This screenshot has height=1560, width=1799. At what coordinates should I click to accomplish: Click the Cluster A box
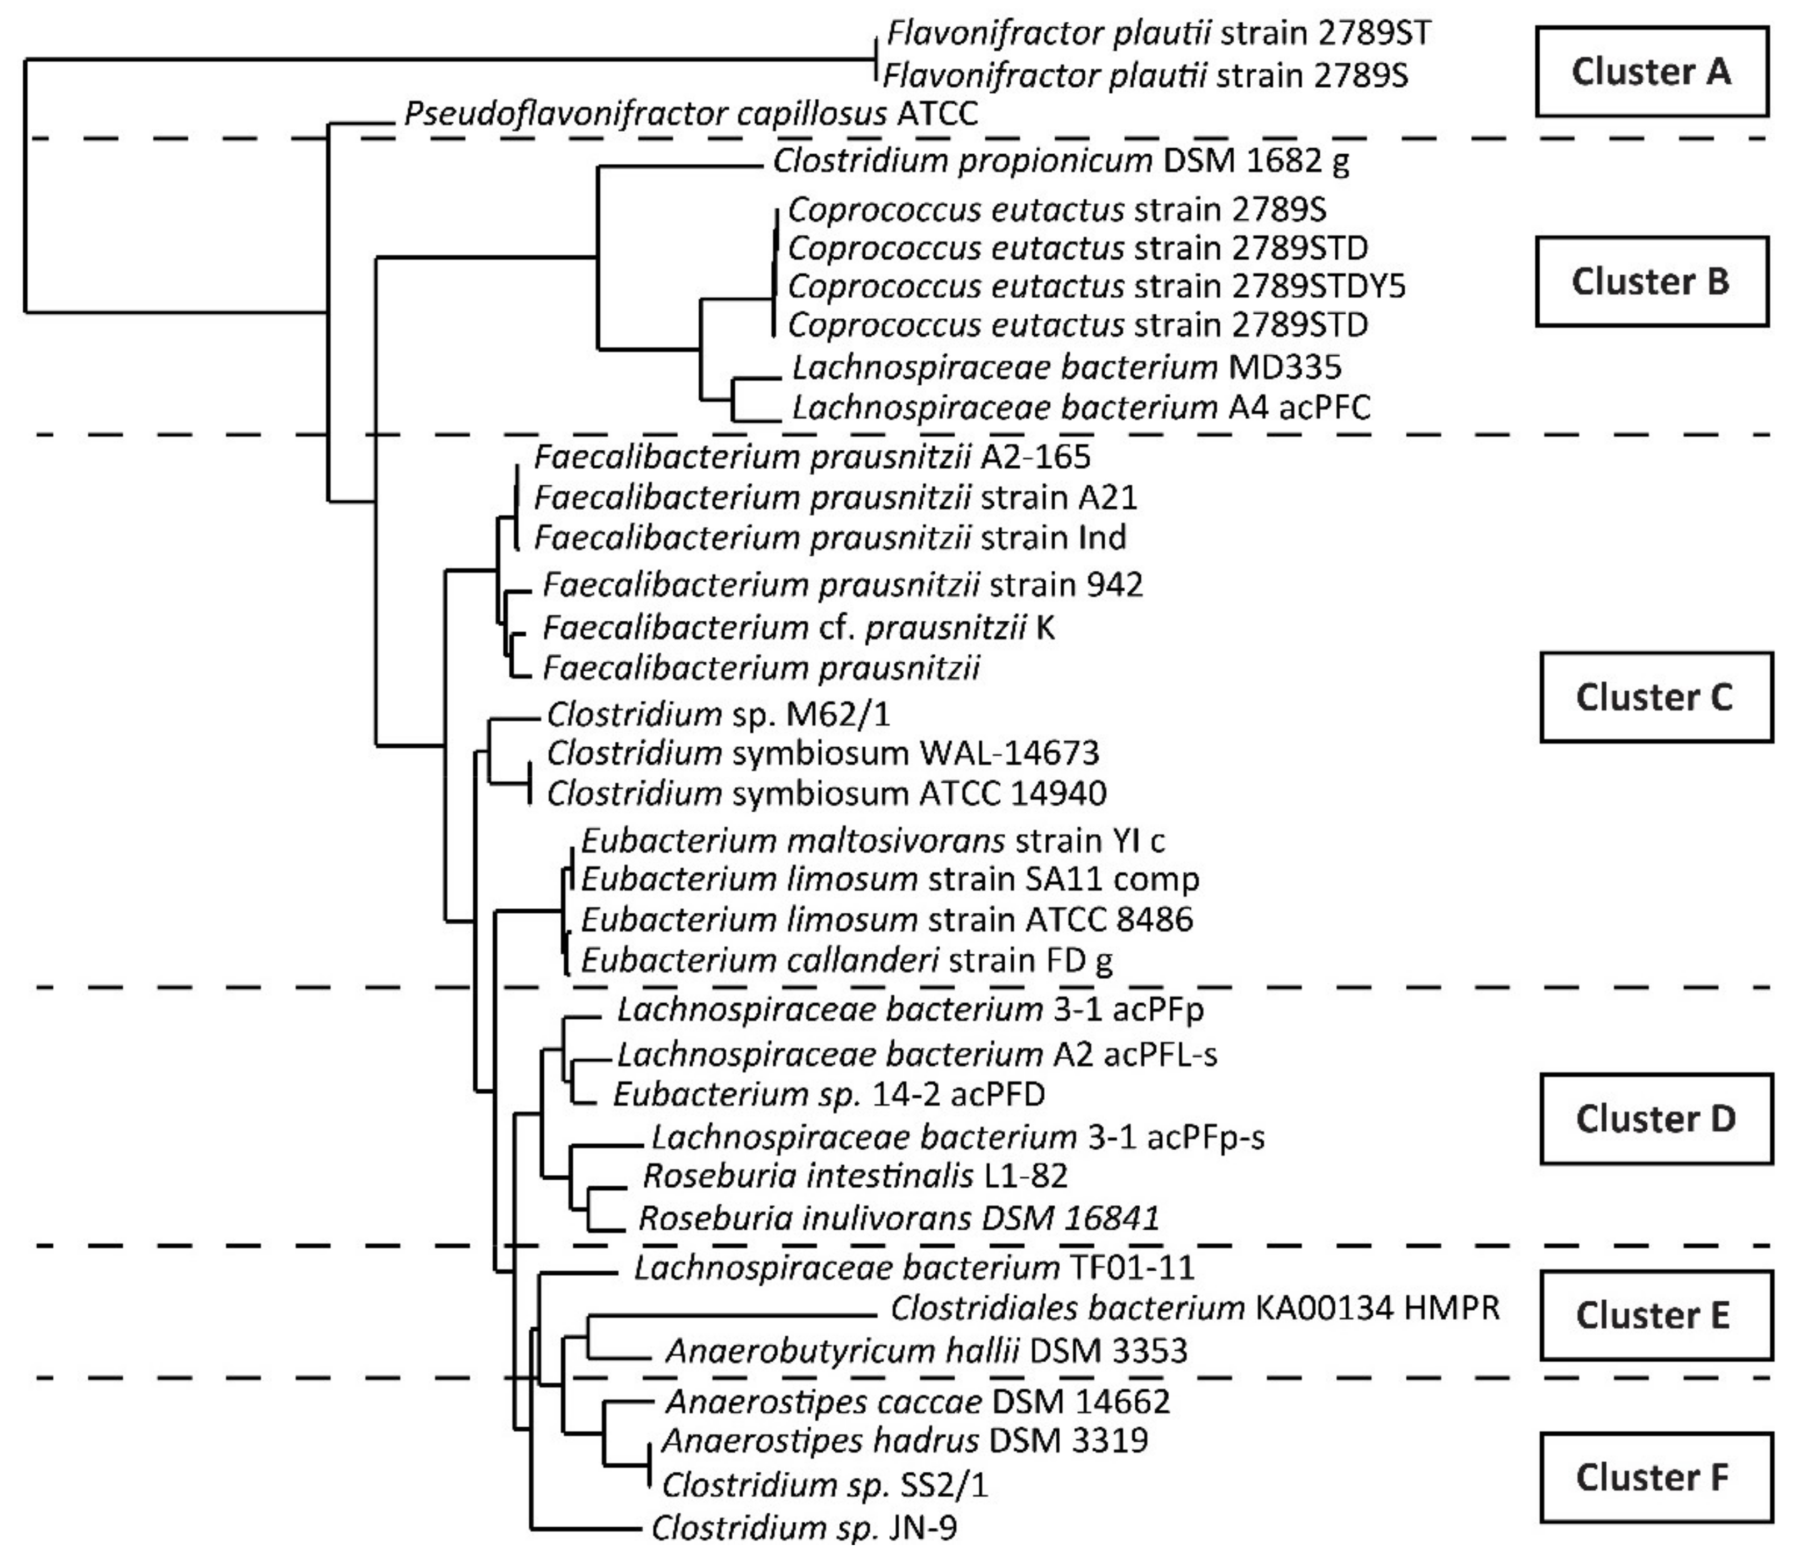click(1651, 72)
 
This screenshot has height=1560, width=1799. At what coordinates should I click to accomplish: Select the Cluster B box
click(1651, 281)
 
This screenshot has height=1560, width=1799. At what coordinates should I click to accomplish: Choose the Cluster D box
click(1655, 1119)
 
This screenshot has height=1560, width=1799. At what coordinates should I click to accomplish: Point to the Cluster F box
click(1655, 1477)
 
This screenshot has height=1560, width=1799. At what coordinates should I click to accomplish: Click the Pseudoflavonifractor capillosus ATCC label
click(690, 114)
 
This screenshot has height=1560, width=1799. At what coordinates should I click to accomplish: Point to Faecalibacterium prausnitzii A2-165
click(811, 456)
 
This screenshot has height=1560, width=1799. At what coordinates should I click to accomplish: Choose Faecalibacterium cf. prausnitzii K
click(799, 627)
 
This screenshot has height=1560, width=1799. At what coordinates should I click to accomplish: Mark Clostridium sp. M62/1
click(718, 714)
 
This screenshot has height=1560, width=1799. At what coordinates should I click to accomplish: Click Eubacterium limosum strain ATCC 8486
click(886, 919)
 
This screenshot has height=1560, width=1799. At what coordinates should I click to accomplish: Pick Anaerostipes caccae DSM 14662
click(917, 1402)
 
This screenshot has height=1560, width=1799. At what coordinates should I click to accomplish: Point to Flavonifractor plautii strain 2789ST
click(1158, 34)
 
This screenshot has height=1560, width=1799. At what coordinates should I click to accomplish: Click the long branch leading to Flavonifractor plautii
click(448, 59)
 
